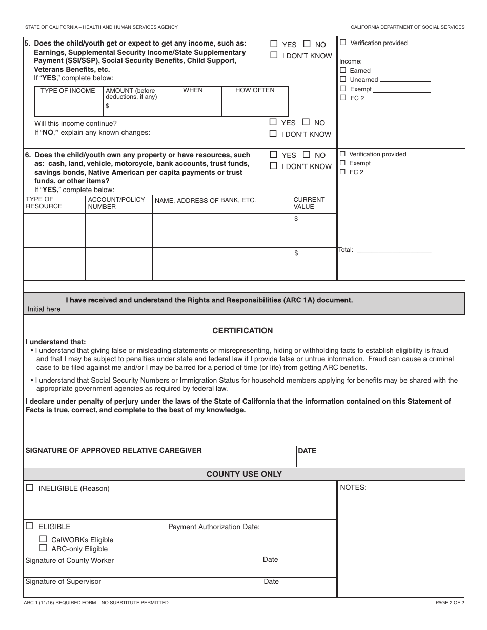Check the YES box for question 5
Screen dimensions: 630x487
click(x=274, y=44)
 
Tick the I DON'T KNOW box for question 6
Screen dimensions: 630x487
click(x=274, y=166)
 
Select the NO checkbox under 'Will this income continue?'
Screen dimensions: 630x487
click(x=306, y=122)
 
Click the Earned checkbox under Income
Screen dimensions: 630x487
click(x=343, y=70)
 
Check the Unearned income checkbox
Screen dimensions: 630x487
click(x=343, y=79)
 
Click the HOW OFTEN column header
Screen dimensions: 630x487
click(x=255, y=90)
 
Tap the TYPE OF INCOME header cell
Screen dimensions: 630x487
click(x=68, y=91)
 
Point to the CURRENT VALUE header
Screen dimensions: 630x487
click(x=309, y=203)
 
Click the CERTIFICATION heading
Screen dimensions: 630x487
click(x=242, y=331)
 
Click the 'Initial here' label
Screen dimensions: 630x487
click(x=44, y=309)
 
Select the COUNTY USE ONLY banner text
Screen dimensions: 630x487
click(x=244, y=474)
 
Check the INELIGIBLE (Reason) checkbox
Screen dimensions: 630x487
click(x=30, y=488)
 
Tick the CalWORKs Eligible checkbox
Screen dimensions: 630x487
click(x=43, y=539)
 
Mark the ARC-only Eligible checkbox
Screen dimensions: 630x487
click(x=43, y=548)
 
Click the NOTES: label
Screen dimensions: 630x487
click(x=353, y=487)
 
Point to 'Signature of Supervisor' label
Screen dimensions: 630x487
click(x=63, y=581)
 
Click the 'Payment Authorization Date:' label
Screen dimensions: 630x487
click(x=214, y=527)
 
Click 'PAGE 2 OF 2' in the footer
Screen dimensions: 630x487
click(x=450, y=603)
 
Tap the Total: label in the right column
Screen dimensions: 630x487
click(x=346, y=250)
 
